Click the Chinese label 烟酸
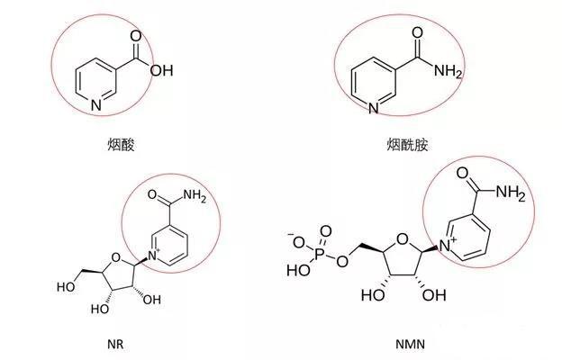tap(120, 143)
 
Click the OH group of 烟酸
tap(160, 71)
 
